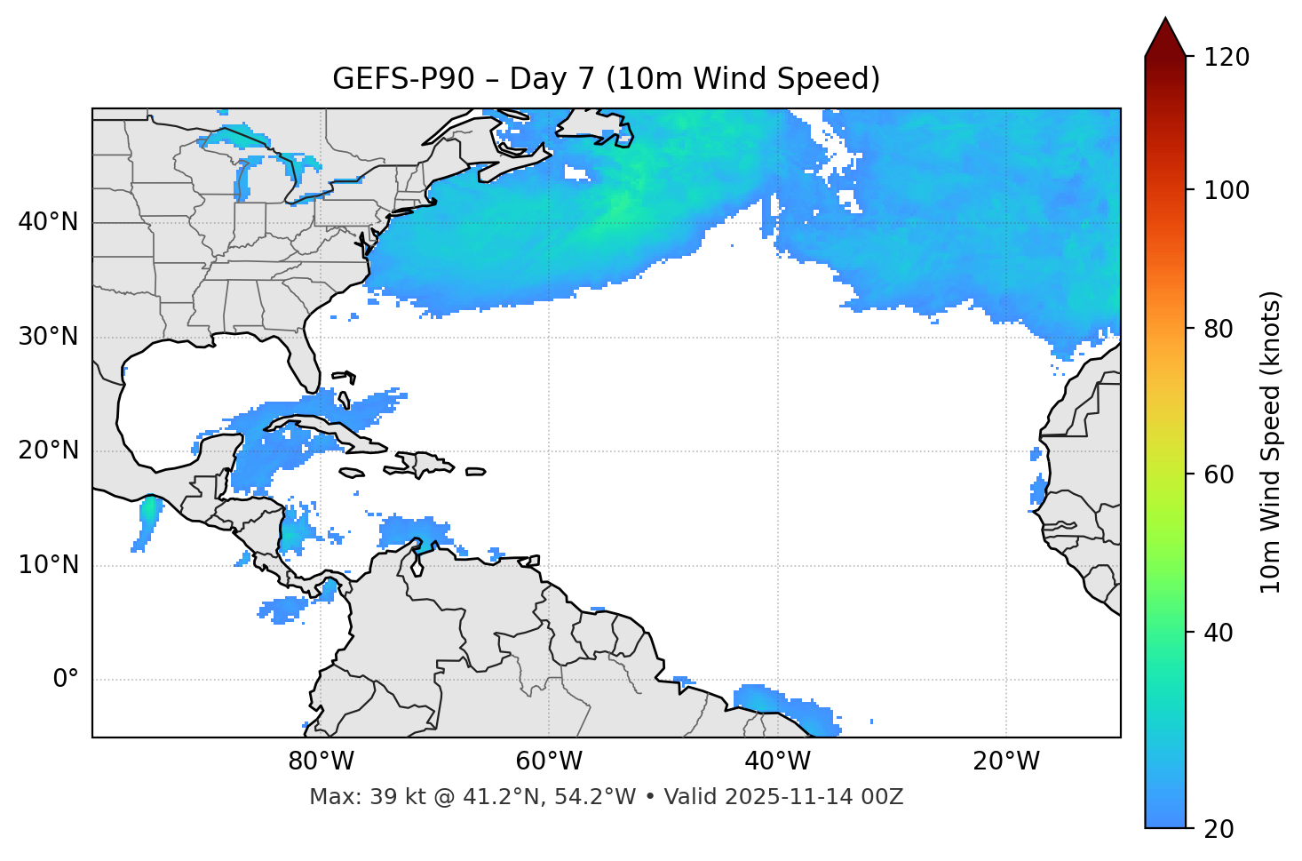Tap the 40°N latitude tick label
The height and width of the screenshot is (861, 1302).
point(48,222)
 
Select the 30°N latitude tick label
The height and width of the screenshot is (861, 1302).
point(48,337)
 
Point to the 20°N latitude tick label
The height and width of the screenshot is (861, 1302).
point(48,450)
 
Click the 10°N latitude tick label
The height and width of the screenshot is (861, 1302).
point(48,565)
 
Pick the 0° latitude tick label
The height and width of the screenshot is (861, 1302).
point(66,680)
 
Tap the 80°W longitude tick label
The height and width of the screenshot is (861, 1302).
point(321,761)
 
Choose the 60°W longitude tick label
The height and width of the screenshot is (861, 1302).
point(549,761)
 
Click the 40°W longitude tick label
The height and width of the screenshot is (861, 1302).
point(777,761)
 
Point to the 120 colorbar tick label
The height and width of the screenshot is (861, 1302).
point(1227,58)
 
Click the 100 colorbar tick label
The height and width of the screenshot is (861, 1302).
point(1227,190)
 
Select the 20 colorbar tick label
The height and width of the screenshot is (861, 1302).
point(1218,828)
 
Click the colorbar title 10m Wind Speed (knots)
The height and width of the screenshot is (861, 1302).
point(1271,442)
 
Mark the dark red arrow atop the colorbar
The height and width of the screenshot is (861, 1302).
point(1165,38)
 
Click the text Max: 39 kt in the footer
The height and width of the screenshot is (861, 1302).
point(346,797)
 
